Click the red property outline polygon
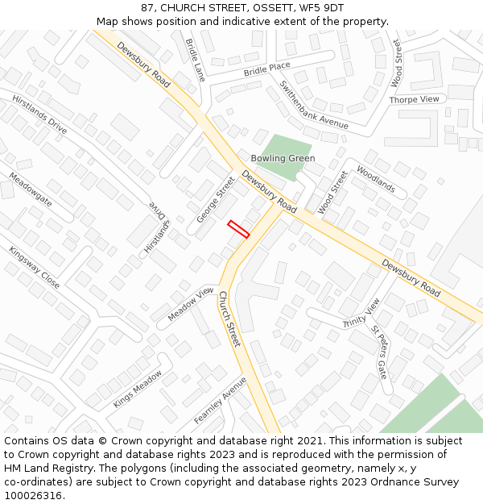pos(238,229)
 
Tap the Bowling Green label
pos(283,159)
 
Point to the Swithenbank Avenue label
pos(314,105)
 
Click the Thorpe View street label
pos(415,99)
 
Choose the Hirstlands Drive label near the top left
pos(39,114)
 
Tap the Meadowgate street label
pos(30,190)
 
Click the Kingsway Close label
pos(34,268)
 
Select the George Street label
pos(215,201)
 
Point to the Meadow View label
pos(191,305)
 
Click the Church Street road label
pos(229,319)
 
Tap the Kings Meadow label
pos(138,389)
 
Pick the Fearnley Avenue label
pos(220,401)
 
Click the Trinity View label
pos(361,313)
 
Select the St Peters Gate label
pos(379,352)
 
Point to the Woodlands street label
pos(376,181)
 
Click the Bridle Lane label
pos(195,60)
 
